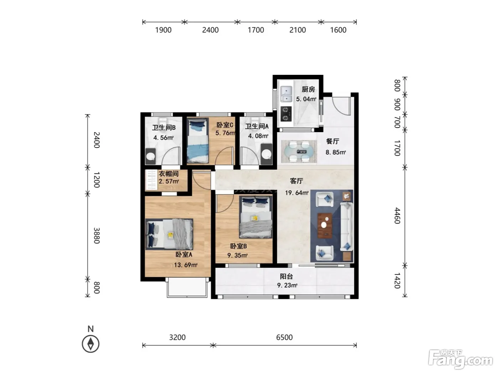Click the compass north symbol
pyautogui.click(x=91, y=344)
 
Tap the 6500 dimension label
pyautogui.click(x=284, y=337)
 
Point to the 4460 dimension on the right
pyautogui.click(x=397, y=215)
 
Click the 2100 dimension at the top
pyautogui.click(x=297, y=30)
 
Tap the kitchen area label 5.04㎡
pyautogui.click(x=306, y=99)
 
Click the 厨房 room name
pyautogui.click(x=308, y=89)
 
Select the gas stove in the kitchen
pyautogui.click(x=286, y=114)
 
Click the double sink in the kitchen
pyautogui.click(x=286, y=94)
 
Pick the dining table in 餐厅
pyautogui.click(x=299, y=151)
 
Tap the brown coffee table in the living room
pyautogui.click(x=325, y=225)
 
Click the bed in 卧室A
pyautogui.click(x=169, y=234)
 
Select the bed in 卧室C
pyautogui.click(x=197, y=140)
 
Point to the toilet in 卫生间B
pyautogui.click(x=162, y=120)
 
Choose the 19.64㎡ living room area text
pyautogui.click(x=297, y=193)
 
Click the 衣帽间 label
pyautogui.click(x=169, y=174)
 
